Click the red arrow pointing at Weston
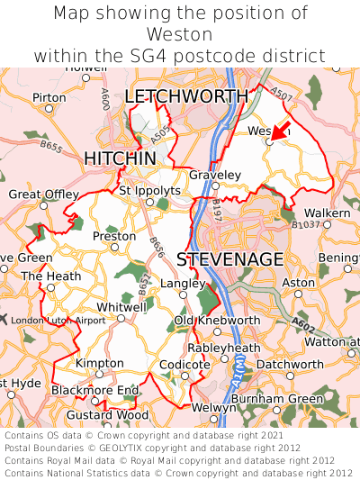click(280, 131)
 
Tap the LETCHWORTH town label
click(186, 96)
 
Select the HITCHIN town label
click(120, 158)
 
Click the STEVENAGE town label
click(230, 259)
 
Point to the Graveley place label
click(214, 174)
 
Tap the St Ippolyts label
click(149, 190)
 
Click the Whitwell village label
click(121, 306)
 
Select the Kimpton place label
click(99, 362)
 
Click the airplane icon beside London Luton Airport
click(4, 320)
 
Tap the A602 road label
click(303, 320)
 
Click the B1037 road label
click(306, 224)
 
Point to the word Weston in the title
click(180, 34)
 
